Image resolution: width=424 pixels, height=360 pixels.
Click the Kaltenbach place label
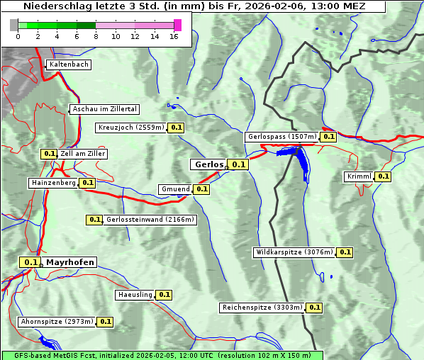click(69, 64)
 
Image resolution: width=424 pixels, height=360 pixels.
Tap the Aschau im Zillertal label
click(104, 109)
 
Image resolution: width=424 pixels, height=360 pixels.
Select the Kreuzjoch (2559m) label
click(130, 128)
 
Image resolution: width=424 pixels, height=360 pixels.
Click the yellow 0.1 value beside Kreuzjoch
click(177, 128)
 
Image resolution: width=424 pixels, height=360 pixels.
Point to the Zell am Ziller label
click(83, 153)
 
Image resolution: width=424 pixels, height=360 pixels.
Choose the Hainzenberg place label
click(52, 183)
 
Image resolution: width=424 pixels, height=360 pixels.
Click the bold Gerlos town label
click(208, 164)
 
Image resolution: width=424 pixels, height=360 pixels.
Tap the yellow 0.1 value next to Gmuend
click(201, 189)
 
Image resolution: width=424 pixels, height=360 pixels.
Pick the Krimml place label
click(359, 176)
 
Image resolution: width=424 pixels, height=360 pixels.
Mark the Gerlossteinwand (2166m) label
click(150, 220)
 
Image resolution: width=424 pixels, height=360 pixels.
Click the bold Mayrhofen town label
click(70, 262)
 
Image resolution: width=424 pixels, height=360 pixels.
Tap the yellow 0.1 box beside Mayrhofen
click(30, 262)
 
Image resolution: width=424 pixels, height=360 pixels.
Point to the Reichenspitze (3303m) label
click(262, 308)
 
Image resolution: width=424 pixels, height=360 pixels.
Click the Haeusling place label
click(134, 294)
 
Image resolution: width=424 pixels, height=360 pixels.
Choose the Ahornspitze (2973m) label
click(57, 322)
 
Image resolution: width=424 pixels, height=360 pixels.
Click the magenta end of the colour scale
click(177, 25)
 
